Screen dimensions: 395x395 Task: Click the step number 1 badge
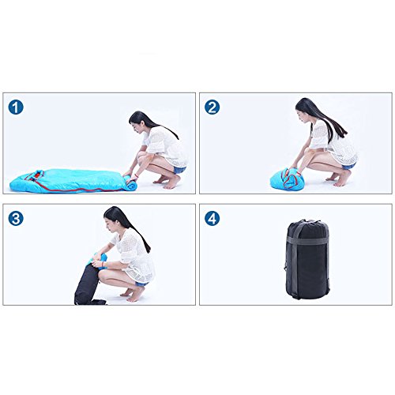point(16,107)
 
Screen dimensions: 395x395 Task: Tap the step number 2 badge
point(213,107)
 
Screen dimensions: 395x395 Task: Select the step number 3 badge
point(16,219)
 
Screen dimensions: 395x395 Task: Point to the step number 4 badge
point(213,219)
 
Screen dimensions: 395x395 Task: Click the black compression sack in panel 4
point(307,259)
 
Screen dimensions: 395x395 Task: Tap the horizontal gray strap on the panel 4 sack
point(307,239)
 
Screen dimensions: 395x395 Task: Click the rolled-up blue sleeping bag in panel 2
point(287,179)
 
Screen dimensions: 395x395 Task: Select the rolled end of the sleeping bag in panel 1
point(130,182)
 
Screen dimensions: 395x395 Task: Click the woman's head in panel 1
point(140,122)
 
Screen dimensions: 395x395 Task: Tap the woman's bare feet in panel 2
point(338,178)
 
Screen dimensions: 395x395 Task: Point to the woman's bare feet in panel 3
point(134,294)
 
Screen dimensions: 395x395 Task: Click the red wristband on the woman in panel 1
point(136,175)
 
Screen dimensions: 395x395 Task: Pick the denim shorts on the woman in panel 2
point(349,167)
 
